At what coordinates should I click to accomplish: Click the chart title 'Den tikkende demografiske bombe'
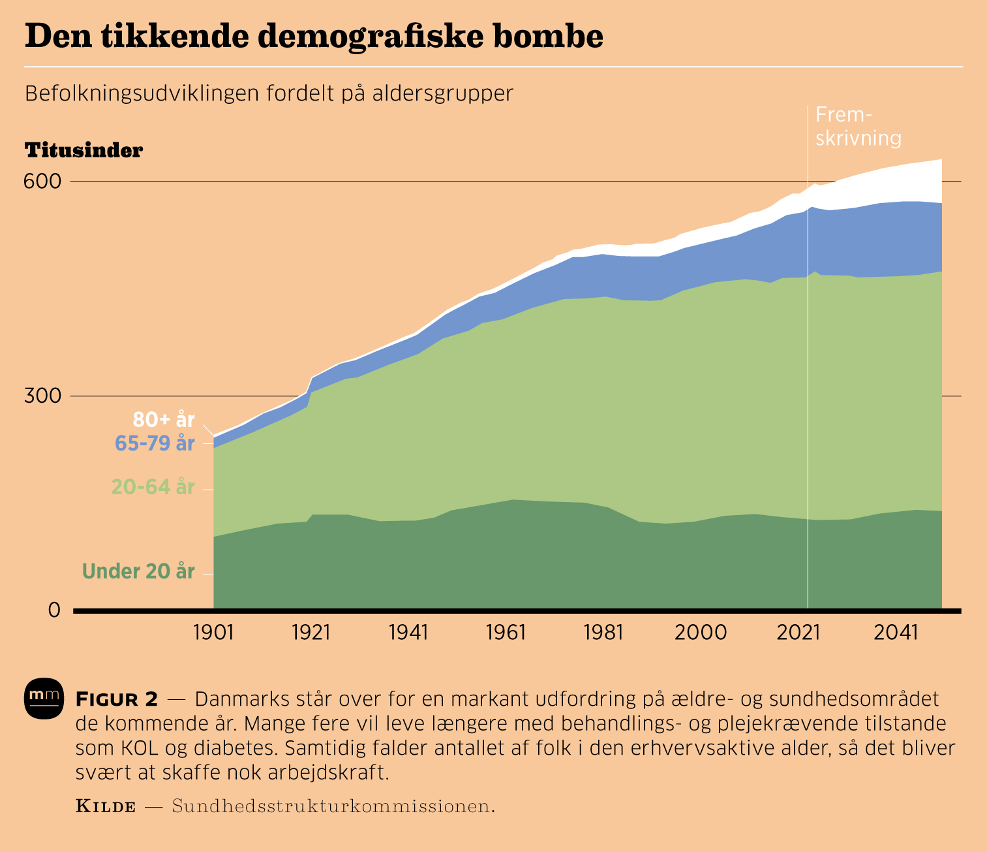pos(314,37)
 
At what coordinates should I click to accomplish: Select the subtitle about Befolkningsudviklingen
pos(269,94)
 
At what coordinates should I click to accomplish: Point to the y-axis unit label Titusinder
pos(84,151)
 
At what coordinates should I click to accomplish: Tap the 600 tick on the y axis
pos(42,181)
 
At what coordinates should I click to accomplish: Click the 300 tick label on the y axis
pos(42,396)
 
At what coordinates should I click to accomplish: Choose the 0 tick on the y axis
pos(53,610)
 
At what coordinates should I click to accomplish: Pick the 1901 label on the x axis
pos(213,633)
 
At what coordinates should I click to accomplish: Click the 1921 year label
pos(311,633)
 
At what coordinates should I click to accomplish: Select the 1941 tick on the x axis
pos(408,633)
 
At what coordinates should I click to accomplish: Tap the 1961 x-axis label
pos(506,633)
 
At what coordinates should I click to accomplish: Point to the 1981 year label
pos(603,633)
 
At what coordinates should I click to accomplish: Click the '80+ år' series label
pos(164,419)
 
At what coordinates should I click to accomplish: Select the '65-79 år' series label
pos(155,443)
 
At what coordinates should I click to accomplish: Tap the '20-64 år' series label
pos(153,487)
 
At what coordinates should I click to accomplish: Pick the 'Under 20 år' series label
pos(138,572)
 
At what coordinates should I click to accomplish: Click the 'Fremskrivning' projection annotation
pos(858,127)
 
